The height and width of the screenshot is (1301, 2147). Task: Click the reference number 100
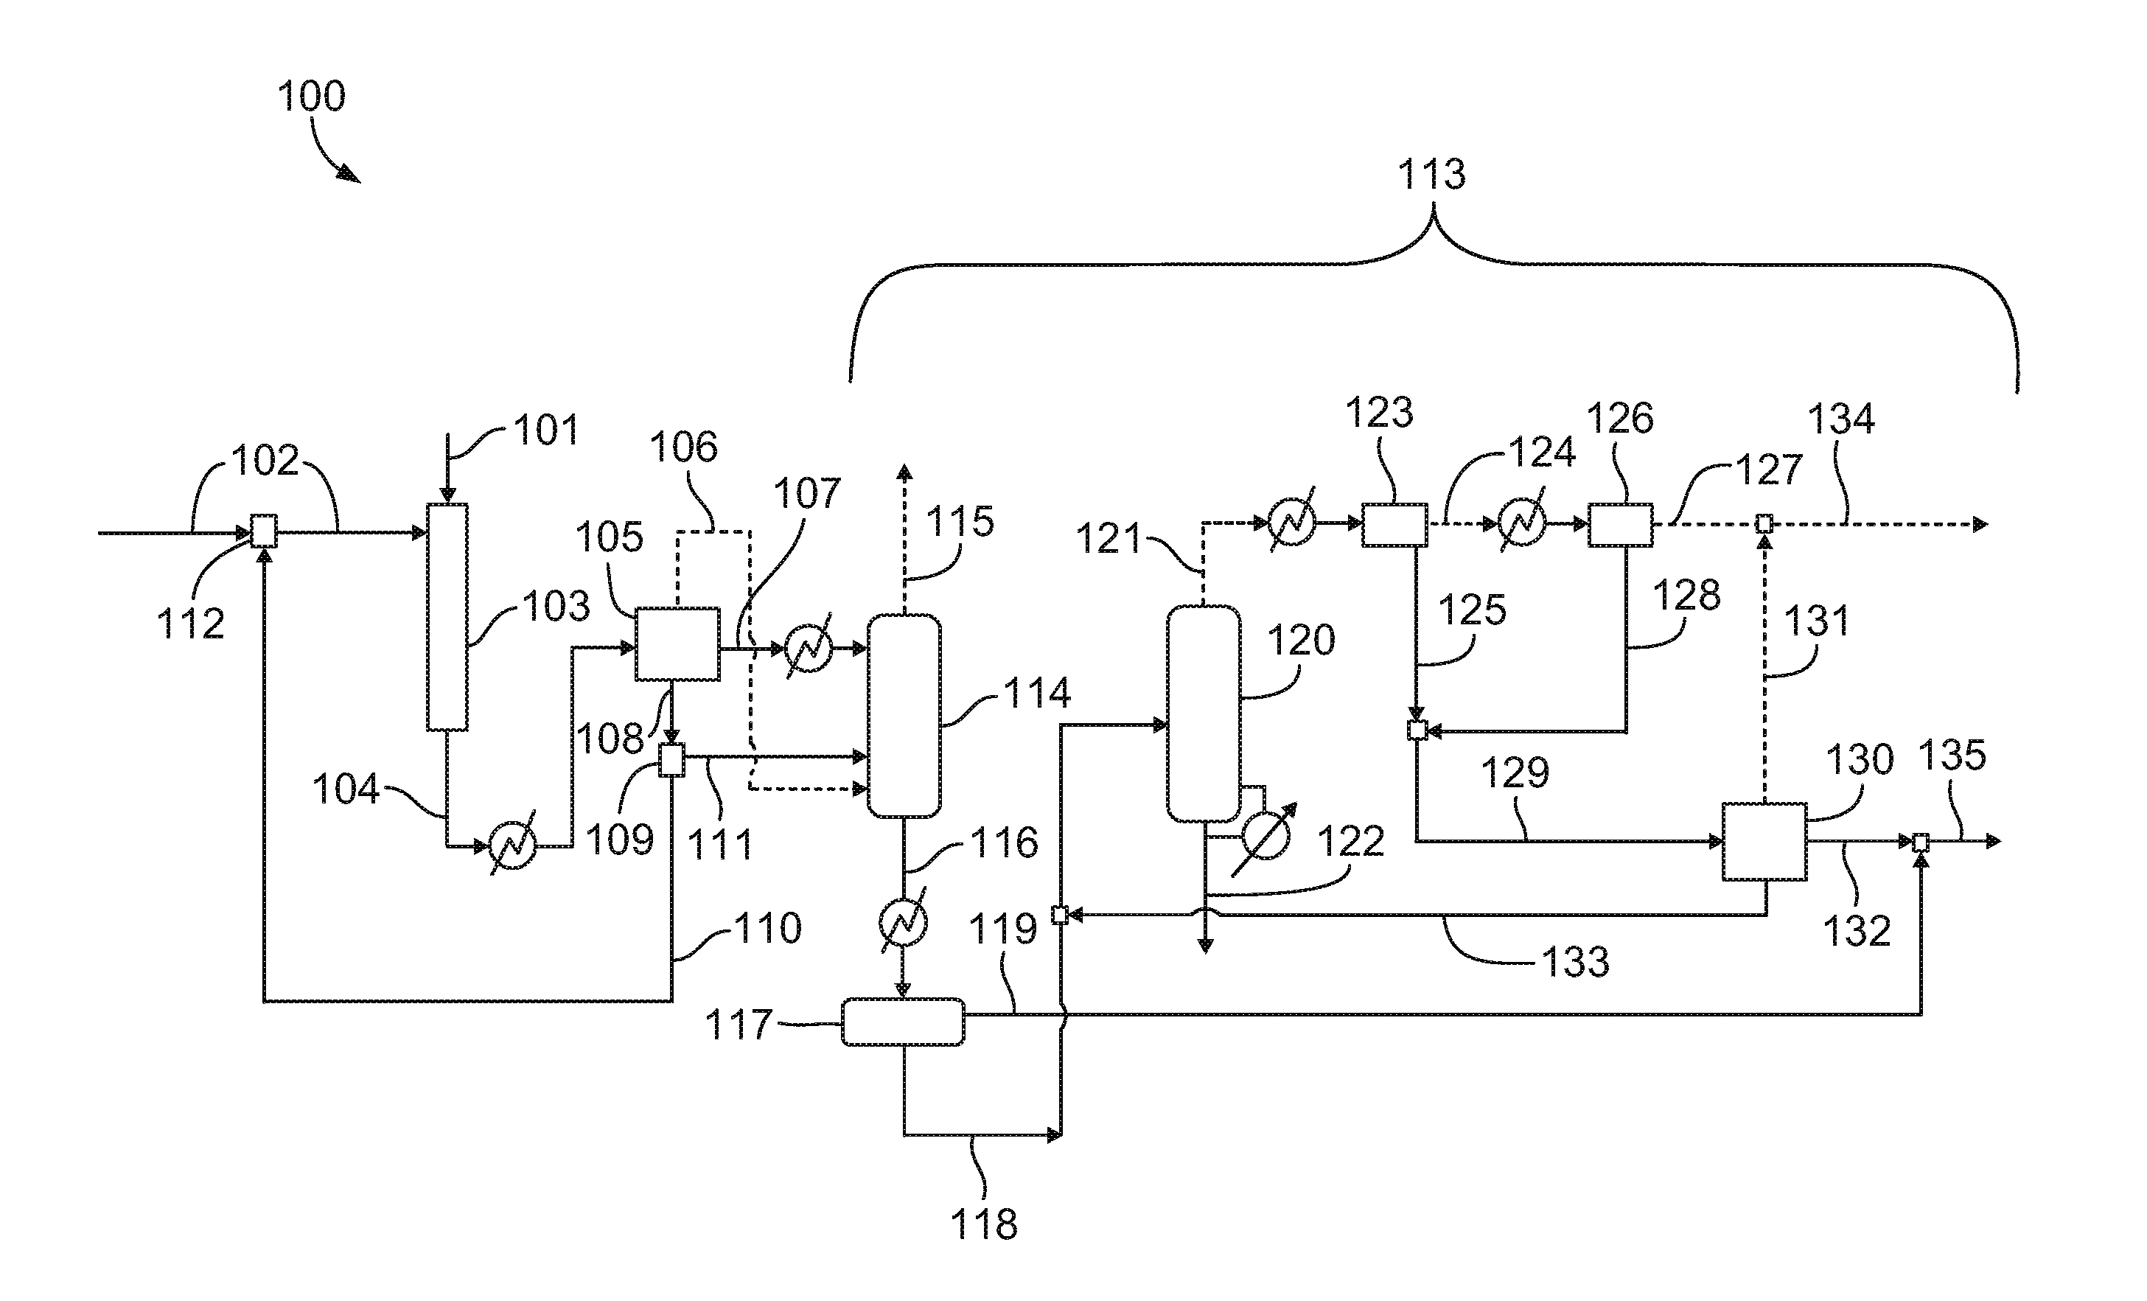click(311, 96)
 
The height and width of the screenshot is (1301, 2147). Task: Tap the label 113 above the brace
click(1431, 174)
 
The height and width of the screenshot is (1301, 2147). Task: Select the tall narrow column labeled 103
click(447, 617)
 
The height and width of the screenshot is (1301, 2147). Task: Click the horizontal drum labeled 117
click(903, 1022)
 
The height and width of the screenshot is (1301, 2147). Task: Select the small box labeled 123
click(1394, 525)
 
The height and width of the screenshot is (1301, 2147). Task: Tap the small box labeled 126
click(1620, 525)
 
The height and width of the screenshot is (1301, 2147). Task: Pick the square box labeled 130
click(1764, 842)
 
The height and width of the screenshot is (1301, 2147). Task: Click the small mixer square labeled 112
click(264, 531)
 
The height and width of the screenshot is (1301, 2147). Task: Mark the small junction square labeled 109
click(671, 760)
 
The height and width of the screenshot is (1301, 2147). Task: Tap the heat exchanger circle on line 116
click(904, 923)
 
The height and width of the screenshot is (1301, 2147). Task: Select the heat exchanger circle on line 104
click(512, 845)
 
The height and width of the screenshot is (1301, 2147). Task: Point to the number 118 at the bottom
click(983, 1224)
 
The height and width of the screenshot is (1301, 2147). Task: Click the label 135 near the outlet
click(1952, 756)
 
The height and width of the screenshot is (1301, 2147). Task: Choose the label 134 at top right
click(1841, 419)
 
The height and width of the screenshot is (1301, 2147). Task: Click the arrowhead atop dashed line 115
click(905, 473)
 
